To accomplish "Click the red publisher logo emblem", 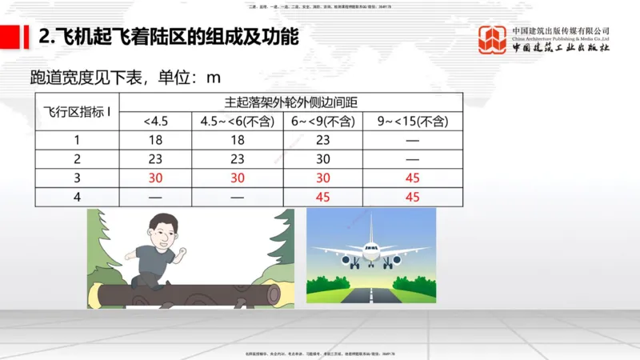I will click(492, 40).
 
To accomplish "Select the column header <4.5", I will click(156, 122).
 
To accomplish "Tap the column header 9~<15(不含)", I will click(412, 122).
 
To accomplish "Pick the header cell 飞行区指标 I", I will click(77, 112).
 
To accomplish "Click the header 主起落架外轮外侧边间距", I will click(290, 102).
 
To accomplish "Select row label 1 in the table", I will click(77, 140).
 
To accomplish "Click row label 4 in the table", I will click(77, 197).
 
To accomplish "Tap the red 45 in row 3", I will click(412, 178).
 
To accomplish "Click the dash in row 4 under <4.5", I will click(156, 197).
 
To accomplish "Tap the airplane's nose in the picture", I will click(371, 249).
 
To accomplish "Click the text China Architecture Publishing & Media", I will click(560, 38).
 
